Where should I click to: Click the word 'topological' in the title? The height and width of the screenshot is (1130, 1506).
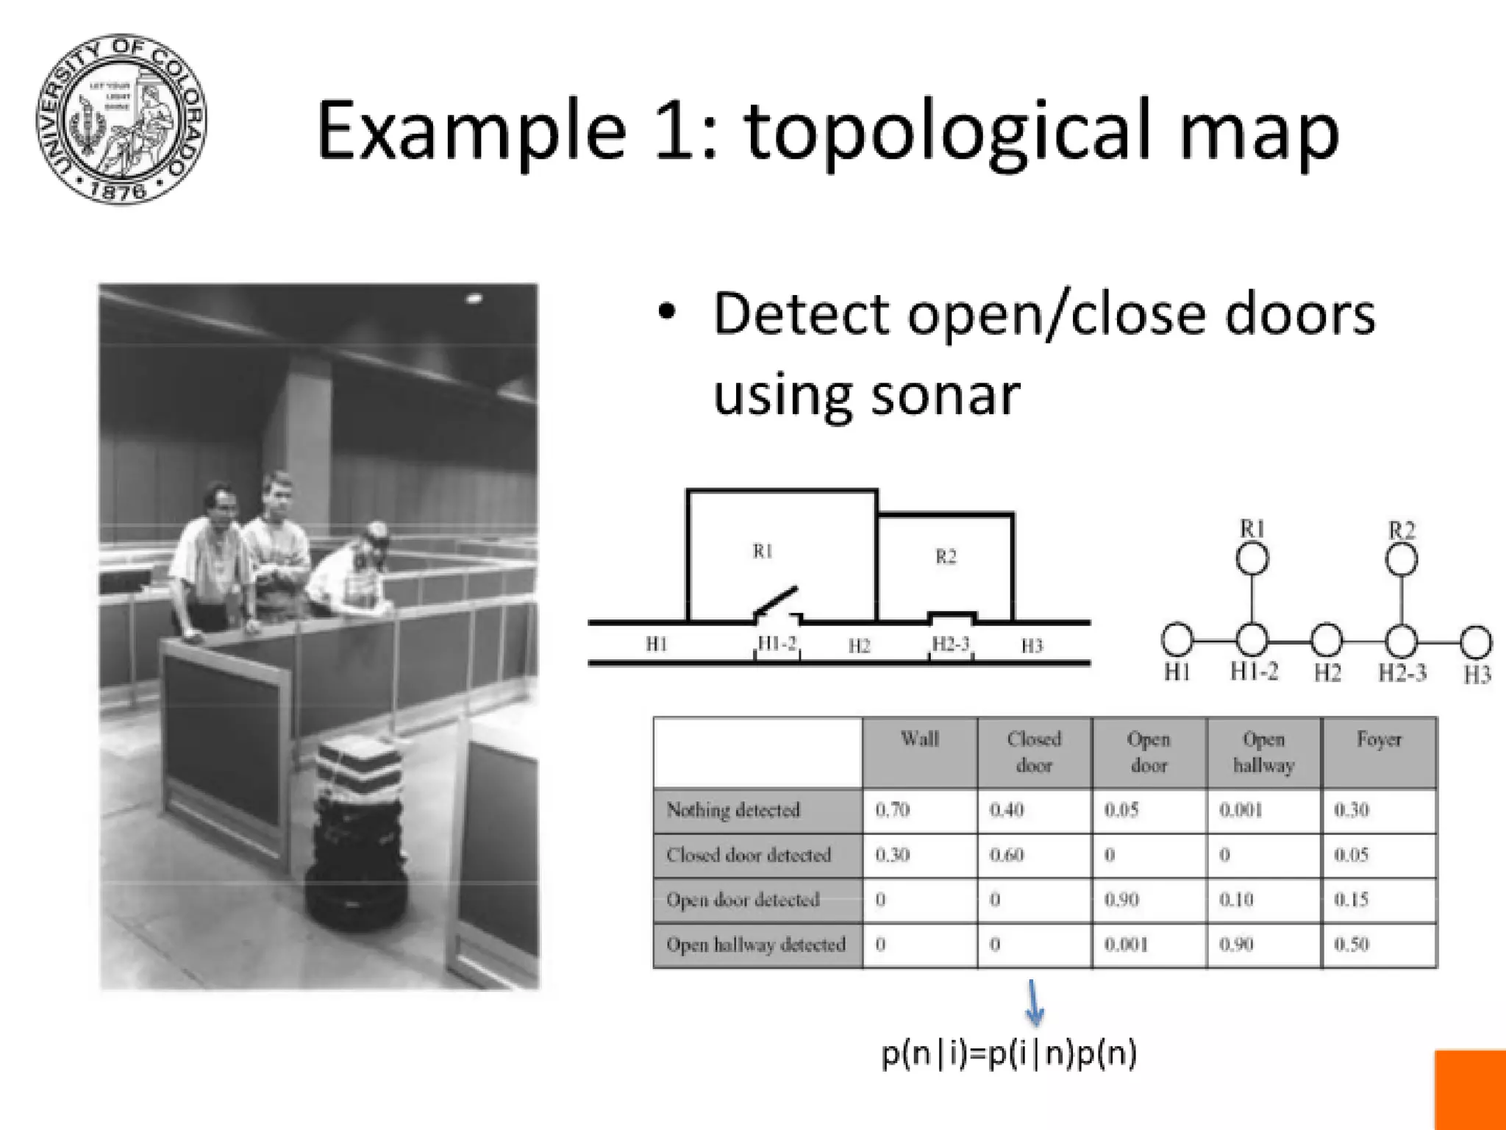pyautogui.click(x=949, y=132)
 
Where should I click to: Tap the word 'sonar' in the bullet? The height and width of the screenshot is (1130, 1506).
pyautogui.click(x=946, y=394)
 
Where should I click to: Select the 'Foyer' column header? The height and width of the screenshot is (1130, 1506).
pyautogui.click(x=1379, y=739)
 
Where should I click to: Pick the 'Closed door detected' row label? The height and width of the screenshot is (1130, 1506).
pyautogui.click(x=749, y=855)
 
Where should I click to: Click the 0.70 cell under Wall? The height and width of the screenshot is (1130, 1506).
pyautogui.click(x=893, y=810)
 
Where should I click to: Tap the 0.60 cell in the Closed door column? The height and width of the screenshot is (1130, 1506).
pyautogui.click(x=1007, y=855)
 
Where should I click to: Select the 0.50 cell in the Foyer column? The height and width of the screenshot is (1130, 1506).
pyautogui.click(x=1352, y=944)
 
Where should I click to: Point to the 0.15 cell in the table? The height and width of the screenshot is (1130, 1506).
pyautogui.click(x=1352, y=899)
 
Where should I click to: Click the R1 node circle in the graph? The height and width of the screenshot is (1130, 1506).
pyautogui.click(x=1252, y=558)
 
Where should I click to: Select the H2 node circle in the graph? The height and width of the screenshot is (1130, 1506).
pyautogui.click(x=1327, y=640)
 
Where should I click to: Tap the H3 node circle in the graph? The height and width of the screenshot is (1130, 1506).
pyautogui.click(x=1475, y=642)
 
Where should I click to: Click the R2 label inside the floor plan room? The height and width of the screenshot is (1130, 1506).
pyautogui.click(x=946, y=557)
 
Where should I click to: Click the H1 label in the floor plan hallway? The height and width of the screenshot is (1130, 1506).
pyautogui.click(x=657, y=644)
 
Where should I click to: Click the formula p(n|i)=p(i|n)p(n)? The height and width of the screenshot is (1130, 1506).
pyautogui.click(x=1009, y=1053)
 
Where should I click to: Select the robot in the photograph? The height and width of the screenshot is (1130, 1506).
pyautogui.click(x=357, y=831)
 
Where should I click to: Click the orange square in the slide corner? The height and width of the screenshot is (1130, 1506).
pyautogui.click(x=1470, y=1090)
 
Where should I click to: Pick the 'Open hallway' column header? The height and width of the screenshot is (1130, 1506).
pyautogui.click(x=1263, y=752)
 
